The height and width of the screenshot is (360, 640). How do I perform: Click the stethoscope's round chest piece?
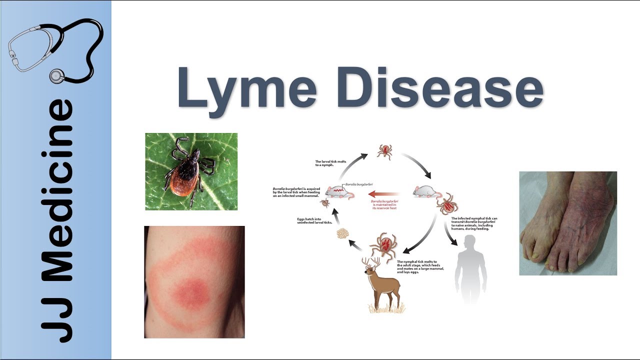56,76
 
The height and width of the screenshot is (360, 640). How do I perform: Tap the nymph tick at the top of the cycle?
384,150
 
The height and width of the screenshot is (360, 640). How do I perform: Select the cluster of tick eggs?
343,232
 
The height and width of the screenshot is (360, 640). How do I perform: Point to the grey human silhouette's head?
469,241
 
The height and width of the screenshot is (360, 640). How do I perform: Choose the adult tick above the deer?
384,244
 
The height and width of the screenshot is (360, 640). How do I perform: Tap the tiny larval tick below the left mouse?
325,203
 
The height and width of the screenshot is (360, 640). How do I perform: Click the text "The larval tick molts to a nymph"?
331,163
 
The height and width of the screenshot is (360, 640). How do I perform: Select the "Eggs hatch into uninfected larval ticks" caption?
314,220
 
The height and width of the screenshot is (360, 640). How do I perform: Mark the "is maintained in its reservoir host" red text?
384,206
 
